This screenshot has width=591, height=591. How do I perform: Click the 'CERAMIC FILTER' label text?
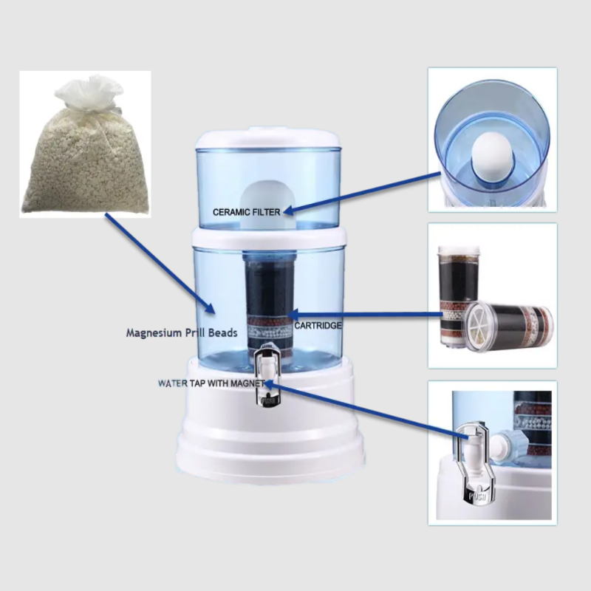point(246,212)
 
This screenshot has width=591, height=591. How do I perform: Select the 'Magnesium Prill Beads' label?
point(181,333)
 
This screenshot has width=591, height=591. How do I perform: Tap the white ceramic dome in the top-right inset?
point(489,151)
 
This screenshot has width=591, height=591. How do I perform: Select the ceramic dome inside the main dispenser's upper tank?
point(270,194)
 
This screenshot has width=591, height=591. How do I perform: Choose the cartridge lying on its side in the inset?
point(510,325)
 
